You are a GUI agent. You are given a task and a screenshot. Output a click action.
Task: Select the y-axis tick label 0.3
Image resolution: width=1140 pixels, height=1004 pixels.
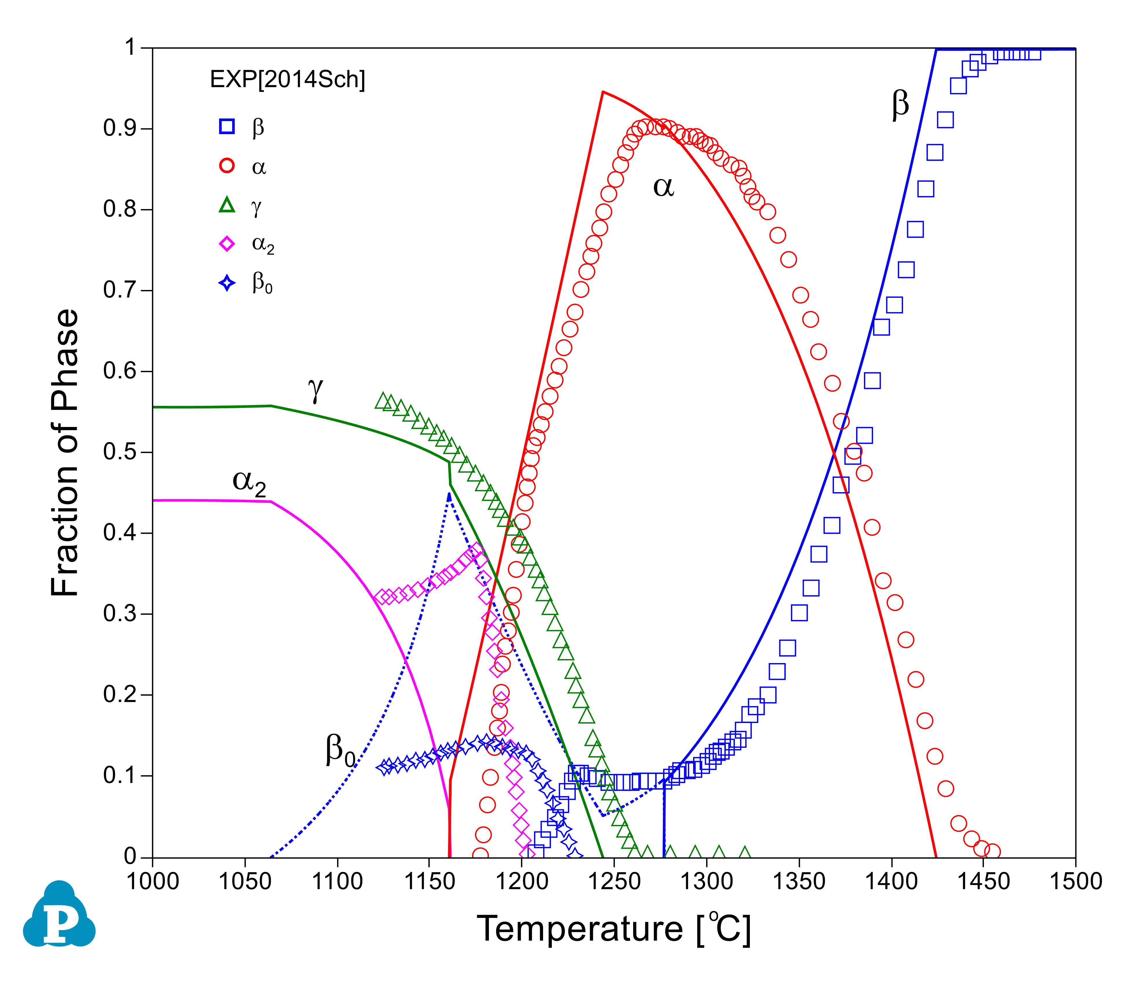[x=120, y=614]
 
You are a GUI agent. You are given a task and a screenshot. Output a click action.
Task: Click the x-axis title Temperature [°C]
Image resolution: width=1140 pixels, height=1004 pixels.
[x=613, y=930]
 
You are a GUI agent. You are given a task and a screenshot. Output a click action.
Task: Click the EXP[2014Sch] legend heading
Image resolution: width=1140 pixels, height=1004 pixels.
[x=287, y=80]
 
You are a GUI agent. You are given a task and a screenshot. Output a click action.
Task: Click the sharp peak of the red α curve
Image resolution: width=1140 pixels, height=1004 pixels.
[x=603, y=92]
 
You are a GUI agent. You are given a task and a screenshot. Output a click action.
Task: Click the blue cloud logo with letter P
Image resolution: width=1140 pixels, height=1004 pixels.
[x=59, y=915]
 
